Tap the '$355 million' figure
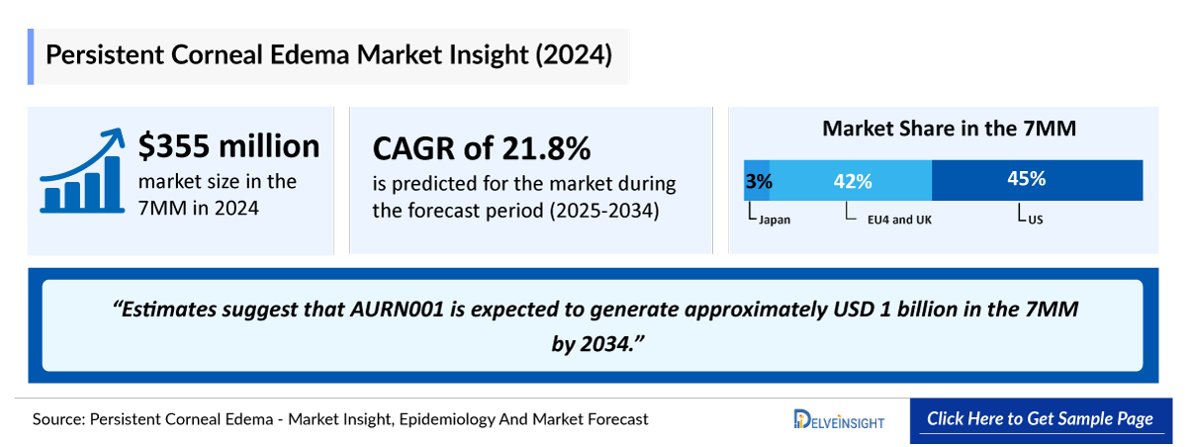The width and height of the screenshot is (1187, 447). coord(228,145)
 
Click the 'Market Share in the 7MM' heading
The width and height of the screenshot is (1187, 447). coord(949,129)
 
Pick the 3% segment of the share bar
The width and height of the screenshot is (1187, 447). coord(757,180)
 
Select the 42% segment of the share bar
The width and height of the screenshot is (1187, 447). coord(851,180)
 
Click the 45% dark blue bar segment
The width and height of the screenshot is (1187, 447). coord(1037,180)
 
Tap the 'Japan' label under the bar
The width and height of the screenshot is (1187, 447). coord(774,220)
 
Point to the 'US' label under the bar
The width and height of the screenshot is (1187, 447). coord(1035,220)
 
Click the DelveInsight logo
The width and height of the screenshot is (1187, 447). coord(839,420)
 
